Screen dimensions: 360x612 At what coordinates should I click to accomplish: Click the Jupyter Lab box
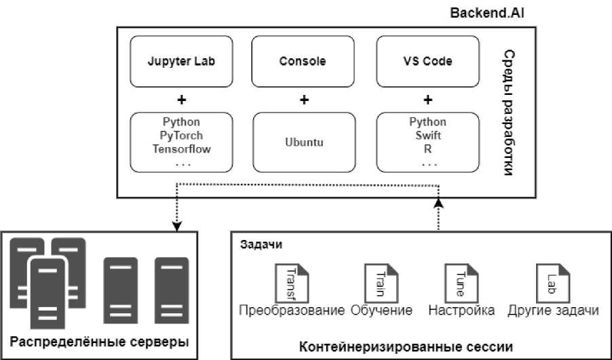point(181,61)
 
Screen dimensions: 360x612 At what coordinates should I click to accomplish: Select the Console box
point(303,61)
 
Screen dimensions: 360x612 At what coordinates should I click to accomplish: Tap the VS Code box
point(427,61)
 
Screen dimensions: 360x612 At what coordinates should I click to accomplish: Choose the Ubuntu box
point(303,142)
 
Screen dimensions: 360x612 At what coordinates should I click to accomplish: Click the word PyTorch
point(181,135)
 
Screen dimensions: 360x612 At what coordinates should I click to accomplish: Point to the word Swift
point(427,135)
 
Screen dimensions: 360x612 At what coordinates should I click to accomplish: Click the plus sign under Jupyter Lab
point(181,100)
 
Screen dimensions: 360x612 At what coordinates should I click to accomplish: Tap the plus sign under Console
point(303,100)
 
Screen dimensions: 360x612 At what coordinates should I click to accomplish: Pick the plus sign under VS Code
point(427,100)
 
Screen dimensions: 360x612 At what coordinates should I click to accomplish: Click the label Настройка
point(461,311)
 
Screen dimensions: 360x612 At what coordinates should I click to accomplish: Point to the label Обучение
point(382,311)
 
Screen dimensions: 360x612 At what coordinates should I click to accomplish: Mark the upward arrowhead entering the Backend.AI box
point(439,203)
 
